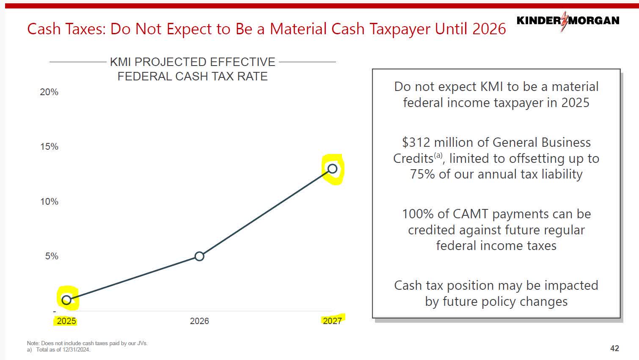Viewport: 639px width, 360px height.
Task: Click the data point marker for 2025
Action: [x=66, y=300]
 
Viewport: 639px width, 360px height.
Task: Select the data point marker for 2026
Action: [x=199, y=256]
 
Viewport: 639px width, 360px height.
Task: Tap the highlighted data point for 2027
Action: [x=333, y=169]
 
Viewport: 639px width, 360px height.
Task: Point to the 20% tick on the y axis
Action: [x=49, y=92]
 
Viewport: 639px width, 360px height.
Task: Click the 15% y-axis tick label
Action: [x=49, y=147]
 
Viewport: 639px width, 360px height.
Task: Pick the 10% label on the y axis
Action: [x=49, y=202]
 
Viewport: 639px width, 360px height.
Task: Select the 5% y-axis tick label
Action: [x=52, y=256]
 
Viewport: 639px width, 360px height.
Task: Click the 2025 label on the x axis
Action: [x=66, y=321]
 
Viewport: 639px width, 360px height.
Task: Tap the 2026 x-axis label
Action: [x=199, y=321]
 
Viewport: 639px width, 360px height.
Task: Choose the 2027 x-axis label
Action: [x=332, y=321]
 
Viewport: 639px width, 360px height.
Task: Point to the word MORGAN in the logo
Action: [x=594, y=20]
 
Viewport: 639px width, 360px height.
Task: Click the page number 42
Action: [x=614, y=348]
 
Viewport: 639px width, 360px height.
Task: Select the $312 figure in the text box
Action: [x=416, y=143]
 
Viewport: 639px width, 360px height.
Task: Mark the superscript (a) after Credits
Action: [x=438, y=156]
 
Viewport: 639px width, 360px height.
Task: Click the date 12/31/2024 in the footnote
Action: [x=76, y=350]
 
